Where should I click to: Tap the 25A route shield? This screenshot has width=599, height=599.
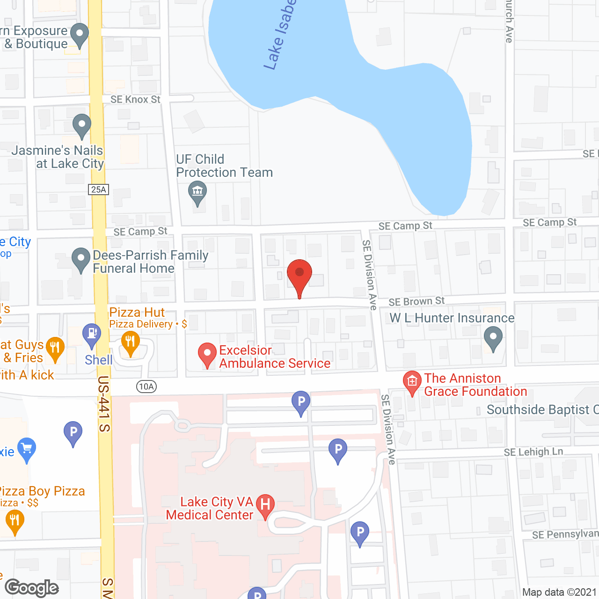click(x=98, y=190)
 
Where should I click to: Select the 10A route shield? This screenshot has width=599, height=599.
click(x=146, y=387)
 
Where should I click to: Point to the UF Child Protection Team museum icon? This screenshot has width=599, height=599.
click(x=197, y=192)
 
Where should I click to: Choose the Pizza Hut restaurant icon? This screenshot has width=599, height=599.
click(x=130, y=342)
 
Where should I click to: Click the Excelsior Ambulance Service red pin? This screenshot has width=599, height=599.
click(x=207, y=353)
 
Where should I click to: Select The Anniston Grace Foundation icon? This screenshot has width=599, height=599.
click(x=412, y=382)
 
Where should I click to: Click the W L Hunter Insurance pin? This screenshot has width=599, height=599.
click(x=493, y=337)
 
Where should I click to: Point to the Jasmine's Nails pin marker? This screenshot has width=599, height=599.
click(x=82, y=125)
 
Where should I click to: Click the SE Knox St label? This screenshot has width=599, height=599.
click(x=135, y=100)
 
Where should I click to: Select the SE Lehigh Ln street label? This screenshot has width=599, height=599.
click(x=533, y=452)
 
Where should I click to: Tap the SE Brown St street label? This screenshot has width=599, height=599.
click(x=416, y=301)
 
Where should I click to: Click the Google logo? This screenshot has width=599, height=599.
click(x=32, y=588)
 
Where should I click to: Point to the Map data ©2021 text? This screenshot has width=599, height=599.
click(x=559, y=592)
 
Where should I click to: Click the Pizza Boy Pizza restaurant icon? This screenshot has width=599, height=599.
click(x=15, y=521)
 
